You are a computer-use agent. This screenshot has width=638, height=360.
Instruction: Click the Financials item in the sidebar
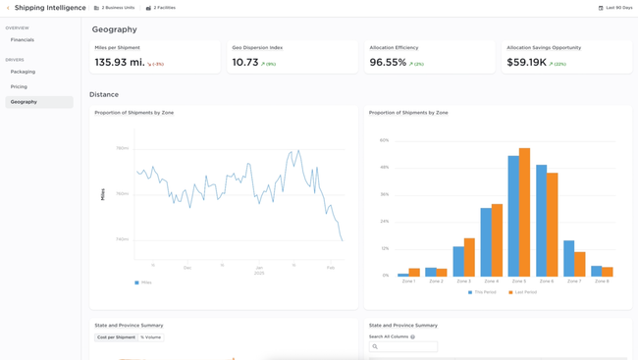pyautogui.click(x=23, y=40)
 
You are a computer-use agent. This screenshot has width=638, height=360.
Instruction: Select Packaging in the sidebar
pyautogui.click(x=23, y=72)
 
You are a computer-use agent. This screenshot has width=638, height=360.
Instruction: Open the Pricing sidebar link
pyautogui.click(x=19, y=86)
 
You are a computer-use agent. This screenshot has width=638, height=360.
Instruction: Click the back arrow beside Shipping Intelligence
pyautogui.click(x=8, y=8)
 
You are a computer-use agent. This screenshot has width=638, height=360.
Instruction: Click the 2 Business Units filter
pyautogui.click(x=114, y=8)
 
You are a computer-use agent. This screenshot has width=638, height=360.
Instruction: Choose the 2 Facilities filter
pyautogui.click(x=161, y=8)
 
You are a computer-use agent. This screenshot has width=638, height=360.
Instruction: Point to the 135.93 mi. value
pyautogui.click(x=118, y=63)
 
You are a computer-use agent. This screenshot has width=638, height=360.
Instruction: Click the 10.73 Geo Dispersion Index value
pyautogui.click(x=245, y=63)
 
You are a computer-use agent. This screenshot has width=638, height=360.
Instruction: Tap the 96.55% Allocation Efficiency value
pyautogui.click(x=388, y=63)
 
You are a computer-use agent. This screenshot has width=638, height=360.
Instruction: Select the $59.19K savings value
pyautogui.click(x=526, y=63)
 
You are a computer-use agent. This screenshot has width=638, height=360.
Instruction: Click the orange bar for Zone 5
pyautogui.click(x=524, y=212)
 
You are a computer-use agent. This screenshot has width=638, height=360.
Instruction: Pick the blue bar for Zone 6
pyautogui.click(x=541, y=221)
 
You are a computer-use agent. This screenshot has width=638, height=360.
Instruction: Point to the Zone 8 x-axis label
pyautogui.click(x=602, y=282)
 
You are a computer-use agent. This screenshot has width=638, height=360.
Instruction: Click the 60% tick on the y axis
pyautogui.click(x=385, y=140)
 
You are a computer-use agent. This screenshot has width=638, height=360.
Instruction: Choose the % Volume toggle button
pyautogui.click(x=150, y=337)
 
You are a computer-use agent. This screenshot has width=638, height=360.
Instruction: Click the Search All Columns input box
pyautogui.click(x=403, y=346)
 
